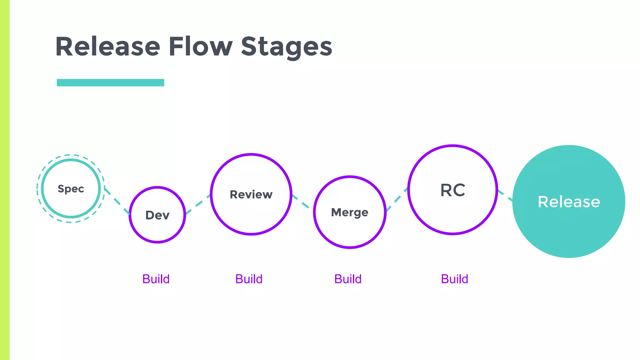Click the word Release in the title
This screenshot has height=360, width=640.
(x=107, y=47)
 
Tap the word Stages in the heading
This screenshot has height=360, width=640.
(x=286, y=47)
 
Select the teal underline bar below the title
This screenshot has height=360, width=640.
(x=110, y=82)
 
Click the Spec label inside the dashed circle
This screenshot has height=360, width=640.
(x=71, y=189)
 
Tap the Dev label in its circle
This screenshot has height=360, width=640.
(x=157, y=215)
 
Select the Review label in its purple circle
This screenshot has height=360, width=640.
(x=251, y=194)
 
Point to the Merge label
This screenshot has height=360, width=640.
(x=350, y=212)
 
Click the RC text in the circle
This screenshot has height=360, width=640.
(x=453, y=190)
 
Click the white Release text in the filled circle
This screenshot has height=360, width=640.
(x=569, y=202)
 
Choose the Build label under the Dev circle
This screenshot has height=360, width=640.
(x=156, y=279)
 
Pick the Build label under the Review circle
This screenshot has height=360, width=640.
(x=249, y=279)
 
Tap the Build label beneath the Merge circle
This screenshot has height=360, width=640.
(x=348, y=279)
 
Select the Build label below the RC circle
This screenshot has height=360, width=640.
(x=455, y=279)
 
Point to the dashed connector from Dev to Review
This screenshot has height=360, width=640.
(x=198, y=204)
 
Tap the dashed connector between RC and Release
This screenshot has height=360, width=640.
(x=505, y=195)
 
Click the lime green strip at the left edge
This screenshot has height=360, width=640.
(x=5, y=180)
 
